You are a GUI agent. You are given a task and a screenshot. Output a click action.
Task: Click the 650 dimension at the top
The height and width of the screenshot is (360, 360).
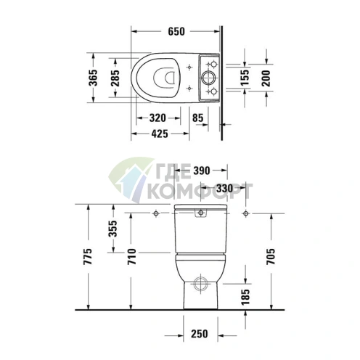[x=176, y=31]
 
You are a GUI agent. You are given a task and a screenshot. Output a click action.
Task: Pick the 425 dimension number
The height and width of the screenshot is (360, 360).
[x=161, y=134]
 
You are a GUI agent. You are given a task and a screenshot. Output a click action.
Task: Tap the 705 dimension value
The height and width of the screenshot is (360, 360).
[x=270, y=256]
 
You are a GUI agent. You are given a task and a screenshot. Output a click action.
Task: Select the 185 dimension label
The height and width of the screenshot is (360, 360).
[x=245, y=295]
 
